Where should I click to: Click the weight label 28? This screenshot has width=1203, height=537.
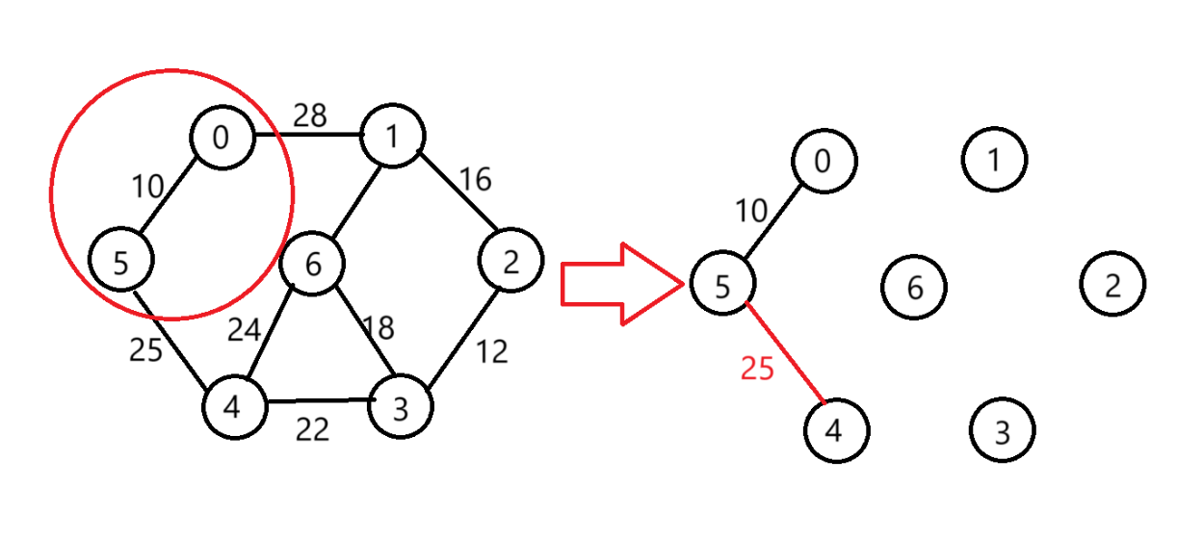(x=310, y=116)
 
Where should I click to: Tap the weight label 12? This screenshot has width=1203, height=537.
(x=491, y=352)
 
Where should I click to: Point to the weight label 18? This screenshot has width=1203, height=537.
(x=379, y=328)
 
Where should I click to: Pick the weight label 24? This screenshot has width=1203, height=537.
(x=244, y=330)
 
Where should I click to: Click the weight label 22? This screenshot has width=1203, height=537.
(x=312, y=429)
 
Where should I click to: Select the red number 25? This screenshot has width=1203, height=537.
(x=757, y=368)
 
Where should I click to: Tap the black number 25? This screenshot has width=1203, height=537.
(x=145, y=350)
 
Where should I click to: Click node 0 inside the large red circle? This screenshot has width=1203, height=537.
(x=221, y=138)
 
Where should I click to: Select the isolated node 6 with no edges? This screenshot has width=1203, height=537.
(x=914, y=286)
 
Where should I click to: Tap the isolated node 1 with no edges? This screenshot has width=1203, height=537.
(x=995, y=159)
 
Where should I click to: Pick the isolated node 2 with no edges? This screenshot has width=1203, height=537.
(x=1112, y=285)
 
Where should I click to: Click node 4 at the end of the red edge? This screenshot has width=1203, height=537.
(x=835, y=429)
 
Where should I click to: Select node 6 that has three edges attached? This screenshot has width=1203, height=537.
(x=312, y=263)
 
